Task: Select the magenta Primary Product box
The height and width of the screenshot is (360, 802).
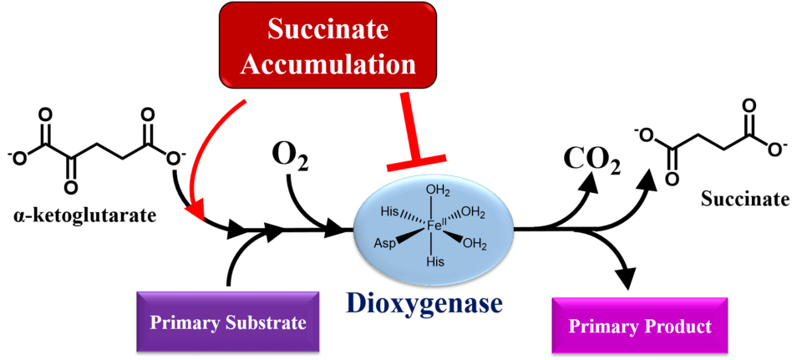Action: [639, 326]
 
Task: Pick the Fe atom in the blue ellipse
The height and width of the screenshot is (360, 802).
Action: [433, 223]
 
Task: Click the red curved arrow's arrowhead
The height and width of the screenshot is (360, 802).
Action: [196, 216]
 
